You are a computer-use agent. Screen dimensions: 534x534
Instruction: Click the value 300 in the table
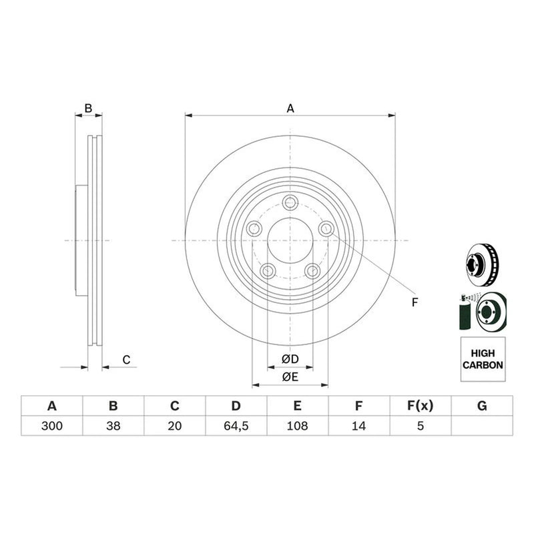tap(52, 426)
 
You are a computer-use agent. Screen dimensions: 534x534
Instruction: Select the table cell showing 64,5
tap(236, 426)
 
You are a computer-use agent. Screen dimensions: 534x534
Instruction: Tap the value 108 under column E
tap(297, 426)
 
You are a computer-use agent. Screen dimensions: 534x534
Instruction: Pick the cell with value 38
tap(113, 426)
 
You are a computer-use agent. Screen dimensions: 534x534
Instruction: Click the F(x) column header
tap(421, 406)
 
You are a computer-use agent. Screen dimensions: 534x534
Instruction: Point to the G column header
tap(482, 406)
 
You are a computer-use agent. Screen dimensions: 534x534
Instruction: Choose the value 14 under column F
tap(358, 426)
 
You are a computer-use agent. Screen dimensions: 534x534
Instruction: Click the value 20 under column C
tap(175, 426)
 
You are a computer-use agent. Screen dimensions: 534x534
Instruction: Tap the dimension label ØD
tap(290, 359)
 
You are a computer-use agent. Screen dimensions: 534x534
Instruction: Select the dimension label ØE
tap(290, 376)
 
